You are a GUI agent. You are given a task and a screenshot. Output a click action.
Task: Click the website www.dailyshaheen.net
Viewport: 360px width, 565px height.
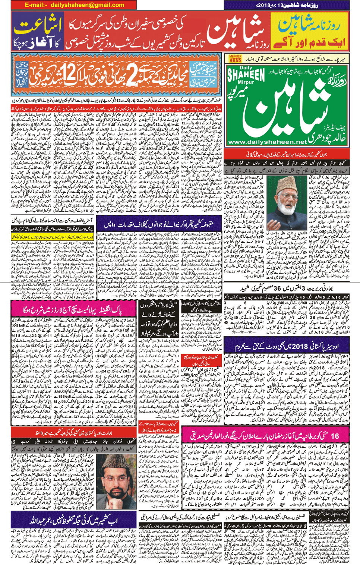(267, 142)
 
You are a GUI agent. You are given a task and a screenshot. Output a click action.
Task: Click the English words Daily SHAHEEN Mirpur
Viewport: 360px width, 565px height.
(246, 76)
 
